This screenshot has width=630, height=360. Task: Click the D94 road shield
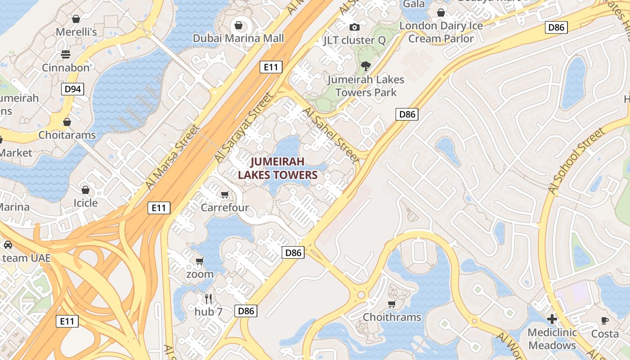point(72,89)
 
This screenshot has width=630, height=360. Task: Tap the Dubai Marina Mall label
point(238,38)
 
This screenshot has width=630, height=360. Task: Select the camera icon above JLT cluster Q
point(355,27)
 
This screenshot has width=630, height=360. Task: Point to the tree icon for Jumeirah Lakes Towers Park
point(366,66)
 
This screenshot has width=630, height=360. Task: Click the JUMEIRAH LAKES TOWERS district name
point(278,168)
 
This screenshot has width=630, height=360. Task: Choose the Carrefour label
point(225,207)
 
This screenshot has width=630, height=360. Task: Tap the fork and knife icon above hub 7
point(208,298)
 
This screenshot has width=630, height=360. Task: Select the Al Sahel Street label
point(331,135)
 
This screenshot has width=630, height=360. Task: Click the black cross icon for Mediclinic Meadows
point(552,319)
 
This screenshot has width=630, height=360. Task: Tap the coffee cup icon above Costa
point(605,320)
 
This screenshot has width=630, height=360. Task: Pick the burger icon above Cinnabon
point(66,54)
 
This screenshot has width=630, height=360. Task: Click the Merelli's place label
point(76,32)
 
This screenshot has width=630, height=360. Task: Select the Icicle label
point(85,203)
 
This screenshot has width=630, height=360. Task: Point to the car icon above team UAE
point(8,245)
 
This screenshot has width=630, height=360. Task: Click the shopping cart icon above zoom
point(200,261)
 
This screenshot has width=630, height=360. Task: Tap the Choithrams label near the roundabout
point(392,317)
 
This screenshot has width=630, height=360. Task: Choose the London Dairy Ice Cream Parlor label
point(441,32)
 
